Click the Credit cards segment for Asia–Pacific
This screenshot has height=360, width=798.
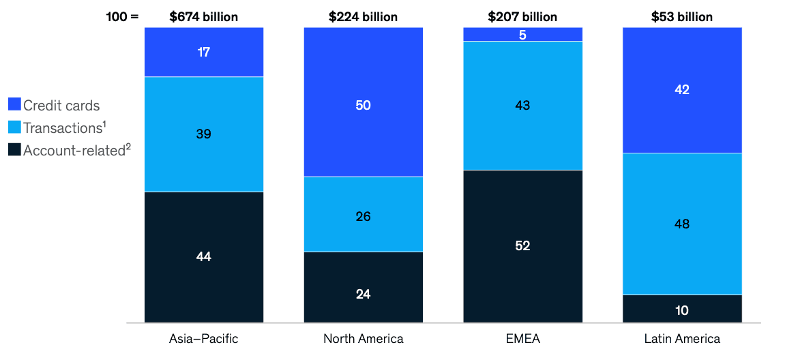coord(204,52)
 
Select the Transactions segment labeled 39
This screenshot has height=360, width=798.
coord(204,134)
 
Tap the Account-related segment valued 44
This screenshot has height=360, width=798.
coord(204,257)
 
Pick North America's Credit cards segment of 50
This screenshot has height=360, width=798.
coord(363,102)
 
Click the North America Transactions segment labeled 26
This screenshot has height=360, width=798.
coord(363,215)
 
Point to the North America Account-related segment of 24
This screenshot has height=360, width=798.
coord(363,287)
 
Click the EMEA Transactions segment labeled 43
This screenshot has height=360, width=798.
coord(522,106)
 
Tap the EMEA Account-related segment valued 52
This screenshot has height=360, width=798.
coord(522,246)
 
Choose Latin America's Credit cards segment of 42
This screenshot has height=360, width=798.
coord(681,90)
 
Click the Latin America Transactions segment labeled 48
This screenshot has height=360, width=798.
coord(681,224)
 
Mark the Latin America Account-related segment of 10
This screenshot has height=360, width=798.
coord(681,309)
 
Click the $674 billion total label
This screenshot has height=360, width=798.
coord(204,16)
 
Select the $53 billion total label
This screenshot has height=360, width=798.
coord(681,16)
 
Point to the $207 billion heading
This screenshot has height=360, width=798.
coord(522,16)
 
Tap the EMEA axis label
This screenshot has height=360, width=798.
coord(522,339)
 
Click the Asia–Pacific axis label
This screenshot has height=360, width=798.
coord(204,339)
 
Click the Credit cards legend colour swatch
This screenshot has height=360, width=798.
coord(14,105)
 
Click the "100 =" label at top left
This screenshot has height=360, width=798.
coord(122,16)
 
